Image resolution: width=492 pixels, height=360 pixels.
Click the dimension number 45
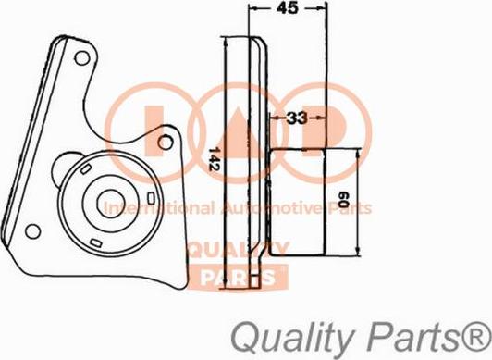pos(288,11)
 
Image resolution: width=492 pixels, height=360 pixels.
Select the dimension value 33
pos(296,118)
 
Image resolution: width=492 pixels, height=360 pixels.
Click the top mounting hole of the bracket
pos(82,58)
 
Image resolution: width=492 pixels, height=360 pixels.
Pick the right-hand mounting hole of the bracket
pos(166,141)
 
